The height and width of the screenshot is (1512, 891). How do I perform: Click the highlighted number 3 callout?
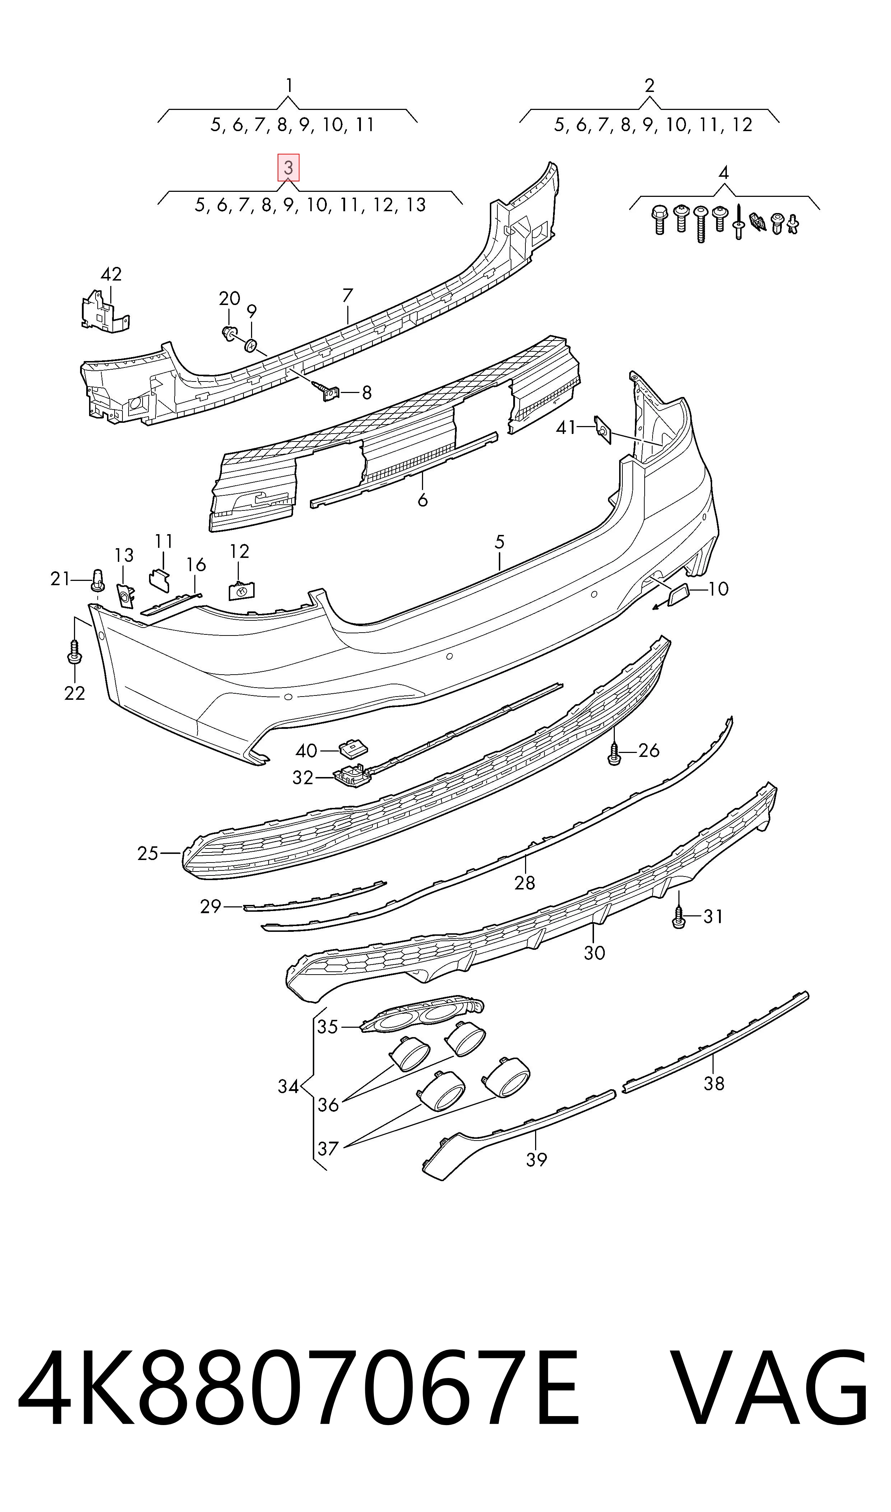(288, 168)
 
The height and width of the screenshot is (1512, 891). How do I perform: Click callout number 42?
(111, 274)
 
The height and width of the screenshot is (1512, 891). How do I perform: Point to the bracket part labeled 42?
(105, 310)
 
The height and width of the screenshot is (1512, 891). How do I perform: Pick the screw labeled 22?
(74, 653)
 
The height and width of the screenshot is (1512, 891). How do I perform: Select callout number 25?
(148, 853)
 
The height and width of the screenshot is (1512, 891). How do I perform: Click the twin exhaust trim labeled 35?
(422, 1015)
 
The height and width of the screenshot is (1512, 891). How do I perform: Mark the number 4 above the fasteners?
(724, 173)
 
